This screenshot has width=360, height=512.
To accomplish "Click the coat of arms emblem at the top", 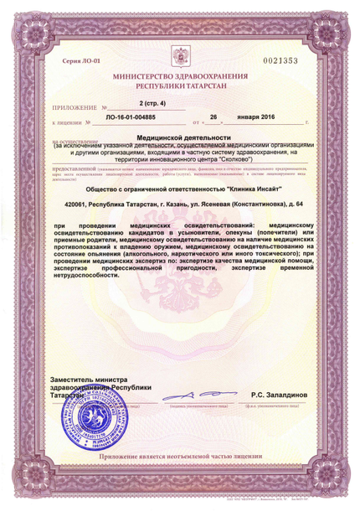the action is click(180, 57).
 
